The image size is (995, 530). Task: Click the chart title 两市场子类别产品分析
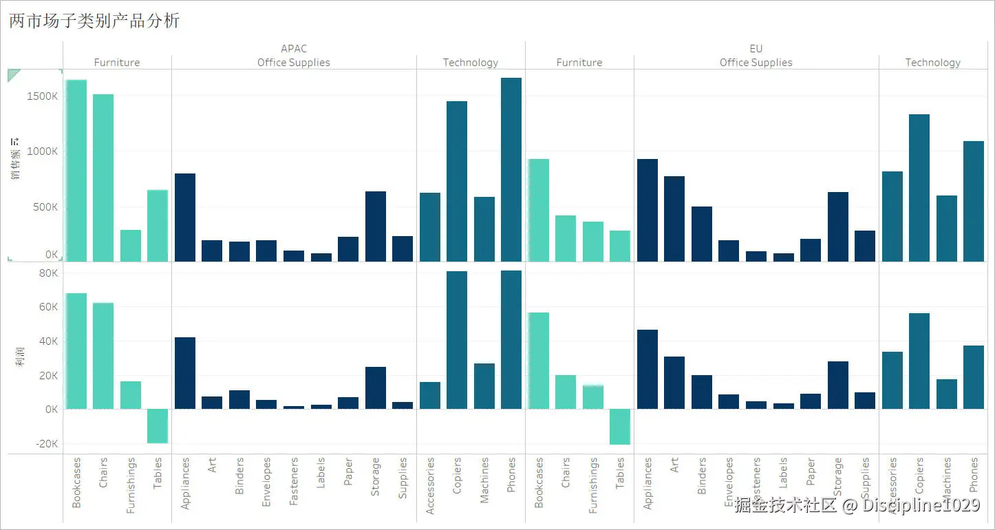pos(94,21)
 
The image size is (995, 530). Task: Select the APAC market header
pos(294,48)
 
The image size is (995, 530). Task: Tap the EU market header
pos(756,48)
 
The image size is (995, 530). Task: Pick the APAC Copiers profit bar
pos(457,340)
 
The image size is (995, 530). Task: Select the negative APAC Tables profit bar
pos(158,426)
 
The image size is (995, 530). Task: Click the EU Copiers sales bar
pos(919,188)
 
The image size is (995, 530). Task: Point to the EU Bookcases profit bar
pos(539,361)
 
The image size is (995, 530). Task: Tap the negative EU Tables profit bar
pos(620,427)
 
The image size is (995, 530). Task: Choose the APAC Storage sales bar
pos(376,226)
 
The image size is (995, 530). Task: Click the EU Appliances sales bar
pos(648,211)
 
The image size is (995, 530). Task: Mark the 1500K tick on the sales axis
pos(43,96)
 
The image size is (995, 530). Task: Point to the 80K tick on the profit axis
pos(47,273)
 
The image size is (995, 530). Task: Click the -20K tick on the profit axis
pos(45,444)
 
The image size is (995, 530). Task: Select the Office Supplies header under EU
pos(756,63)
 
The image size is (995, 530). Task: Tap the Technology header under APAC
pos(471,63)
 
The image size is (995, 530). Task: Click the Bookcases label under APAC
pos(76,483)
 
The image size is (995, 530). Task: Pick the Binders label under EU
pos(702,476)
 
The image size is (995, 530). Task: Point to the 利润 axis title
pos(20,357)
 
